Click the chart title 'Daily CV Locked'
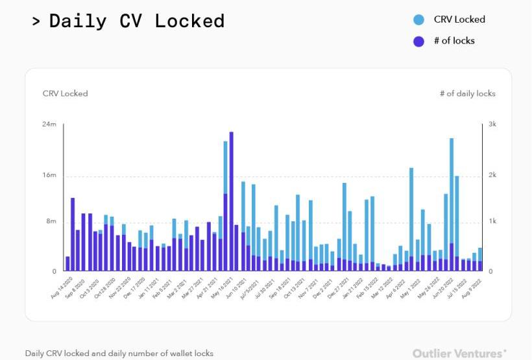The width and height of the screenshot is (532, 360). (137, 21)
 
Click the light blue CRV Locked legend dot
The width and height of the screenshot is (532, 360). (419, 20)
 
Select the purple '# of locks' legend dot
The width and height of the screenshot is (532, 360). (419, 41)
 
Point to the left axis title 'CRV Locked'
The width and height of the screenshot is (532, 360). (65, 93)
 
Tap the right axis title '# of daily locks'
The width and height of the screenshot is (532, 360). (467, 93)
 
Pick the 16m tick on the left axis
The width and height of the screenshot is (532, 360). (49, 176)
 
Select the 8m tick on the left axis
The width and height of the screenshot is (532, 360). (51, 222)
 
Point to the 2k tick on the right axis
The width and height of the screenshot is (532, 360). (492, 176)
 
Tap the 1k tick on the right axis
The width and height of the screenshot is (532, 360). (492, 222)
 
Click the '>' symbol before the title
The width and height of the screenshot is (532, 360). (36, 21)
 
